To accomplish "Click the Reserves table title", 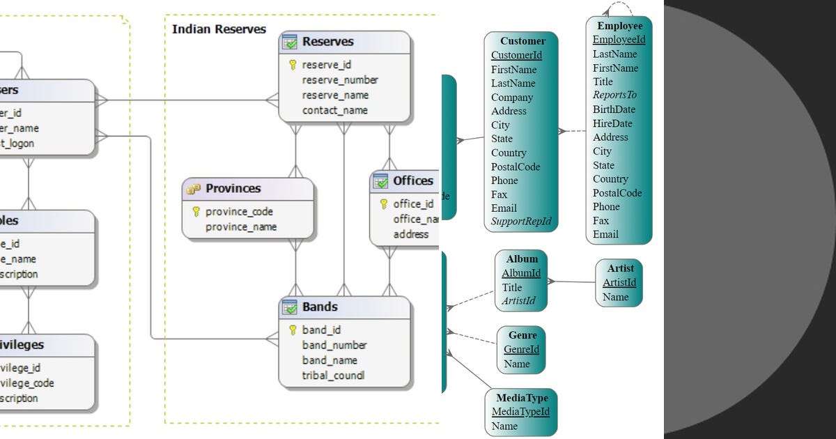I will click(327, 42).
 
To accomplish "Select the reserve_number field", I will click(340, 80).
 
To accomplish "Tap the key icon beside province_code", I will click(196, 211).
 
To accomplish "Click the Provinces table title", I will click(233, 188).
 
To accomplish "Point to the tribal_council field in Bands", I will click(333, 376).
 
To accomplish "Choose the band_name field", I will click(330, 360).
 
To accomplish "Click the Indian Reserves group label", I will click(219, 29).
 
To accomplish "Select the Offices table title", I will click(412, 181).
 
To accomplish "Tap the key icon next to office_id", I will click(384, 203).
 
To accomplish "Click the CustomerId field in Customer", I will click(516, 55).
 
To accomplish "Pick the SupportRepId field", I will click(521, 222).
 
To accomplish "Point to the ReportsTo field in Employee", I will click(614, 95).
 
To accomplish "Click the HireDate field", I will click(612, 123).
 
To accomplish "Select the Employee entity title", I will click(619, 26).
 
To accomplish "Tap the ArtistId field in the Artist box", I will click(619, 282).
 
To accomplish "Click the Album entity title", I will click(522, 259).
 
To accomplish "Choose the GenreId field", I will click(521, 349).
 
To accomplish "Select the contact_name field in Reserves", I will click(335, 110).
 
